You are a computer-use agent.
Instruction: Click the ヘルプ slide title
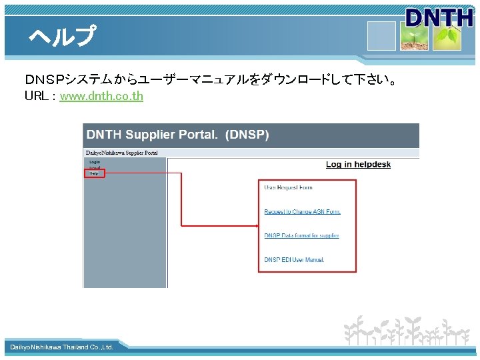tap(62, 36)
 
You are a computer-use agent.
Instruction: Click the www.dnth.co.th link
tap(101, 96)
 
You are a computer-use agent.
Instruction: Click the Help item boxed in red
tap(94, 173)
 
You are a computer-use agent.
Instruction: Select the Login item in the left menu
tap(94, 162)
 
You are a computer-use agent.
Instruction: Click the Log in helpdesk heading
tap(358, 165)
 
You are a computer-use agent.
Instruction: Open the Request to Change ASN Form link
tap(302, 212)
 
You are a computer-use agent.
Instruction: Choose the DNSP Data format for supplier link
tap(301, 236)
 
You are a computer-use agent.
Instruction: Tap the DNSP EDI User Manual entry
tap(294, 259)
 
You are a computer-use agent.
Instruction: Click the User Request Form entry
tap(288, 188)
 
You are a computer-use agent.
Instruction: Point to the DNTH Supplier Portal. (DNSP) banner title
tap(177, 135)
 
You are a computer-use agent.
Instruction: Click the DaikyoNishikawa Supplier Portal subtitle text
tap(121, 153)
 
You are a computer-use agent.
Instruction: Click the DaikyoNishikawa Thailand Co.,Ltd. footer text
tap(61, 347)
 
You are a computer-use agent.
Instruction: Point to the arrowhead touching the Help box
tap(107, 173)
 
